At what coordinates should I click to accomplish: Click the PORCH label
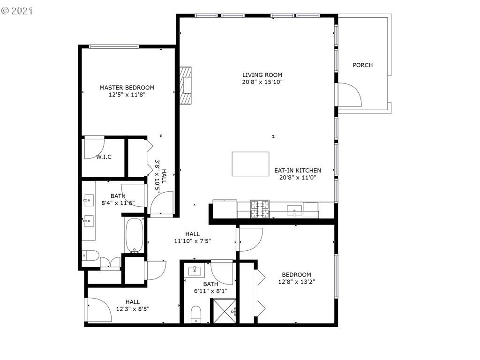pyautogui.click(x=362, y=65)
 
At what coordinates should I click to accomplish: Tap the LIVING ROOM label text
pyautogui.click(x=262, y=75)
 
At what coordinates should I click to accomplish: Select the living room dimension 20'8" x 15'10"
pyautogui.click(x=262, y=82)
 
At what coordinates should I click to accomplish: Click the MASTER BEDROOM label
pyautogui.click(x=127, y=88)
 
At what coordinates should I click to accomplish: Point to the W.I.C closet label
pyautogui.click(x=104, y=157)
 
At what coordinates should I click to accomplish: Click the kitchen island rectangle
pyautogui.click(x=250, y=164)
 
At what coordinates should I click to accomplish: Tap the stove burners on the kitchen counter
pyautogui.click(x=260, y=209)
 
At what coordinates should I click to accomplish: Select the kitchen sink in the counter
pyautogui.click(x=294, y=211)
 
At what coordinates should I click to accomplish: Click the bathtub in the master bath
pyautogui.click(x=135, y=235)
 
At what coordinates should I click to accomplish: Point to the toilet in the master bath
pyautogui.click(x=90, y=255)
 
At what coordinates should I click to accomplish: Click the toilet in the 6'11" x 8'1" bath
pyautogui.click(x=195, y=314)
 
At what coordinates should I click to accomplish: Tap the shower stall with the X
pyautogui.click(x=225, y=311)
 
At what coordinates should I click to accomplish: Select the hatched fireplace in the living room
pyautogui.click(x=186, y=86)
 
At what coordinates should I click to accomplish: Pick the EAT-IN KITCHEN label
pyautogui.click(x=298, y=170)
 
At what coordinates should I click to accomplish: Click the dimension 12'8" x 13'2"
pyautogui.click(x=296, y=282)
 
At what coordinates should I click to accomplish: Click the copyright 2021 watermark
pyautogui.click(x=17, y=11)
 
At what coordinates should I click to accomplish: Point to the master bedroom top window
pyautogui.click(x=114, y=46)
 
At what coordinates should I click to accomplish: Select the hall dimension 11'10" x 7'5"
pyautogui.click(x=193, y=241)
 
